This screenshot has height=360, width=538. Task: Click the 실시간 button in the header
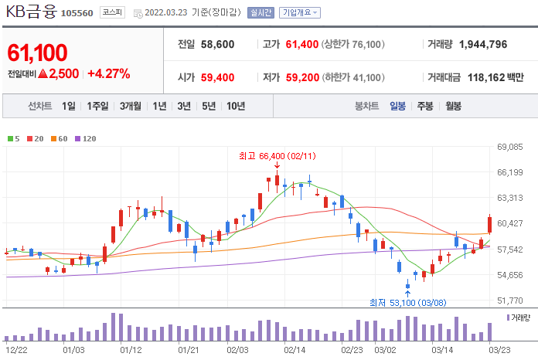click(x=260, y=12)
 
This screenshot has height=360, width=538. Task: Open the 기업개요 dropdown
click(x=300, y=12)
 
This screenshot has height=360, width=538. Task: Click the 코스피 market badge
click(x=112, y=12)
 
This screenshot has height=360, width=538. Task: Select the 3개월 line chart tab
click(x=131, y=106)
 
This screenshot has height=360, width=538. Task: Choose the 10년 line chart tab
click(x=236, y=106)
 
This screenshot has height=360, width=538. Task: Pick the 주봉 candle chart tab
click(x=425, y=106)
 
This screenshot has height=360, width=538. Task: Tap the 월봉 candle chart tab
click(x=453, y=106)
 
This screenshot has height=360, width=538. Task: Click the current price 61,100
click(x=37, y=53)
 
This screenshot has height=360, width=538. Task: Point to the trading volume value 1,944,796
click(x=483, y=44)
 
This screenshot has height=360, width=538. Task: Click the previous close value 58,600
click(x=217, y=44)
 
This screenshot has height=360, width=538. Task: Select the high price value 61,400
click(x=302, y=44)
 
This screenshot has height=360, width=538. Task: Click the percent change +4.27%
click(x=109, y=73)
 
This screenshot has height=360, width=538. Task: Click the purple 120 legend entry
click(x=86, y=139)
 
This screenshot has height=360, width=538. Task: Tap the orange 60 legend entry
click(x=59, y=139)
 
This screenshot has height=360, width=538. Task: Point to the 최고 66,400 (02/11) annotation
click(x=278, y=156)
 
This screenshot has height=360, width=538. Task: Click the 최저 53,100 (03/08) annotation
click(x=407, y=303)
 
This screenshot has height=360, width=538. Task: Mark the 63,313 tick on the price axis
click(x=510, y=198)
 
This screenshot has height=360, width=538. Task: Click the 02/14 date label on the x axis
click(x=295, y=350)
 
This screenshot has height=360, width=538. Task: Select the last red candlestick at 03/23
click(x=489, y=225)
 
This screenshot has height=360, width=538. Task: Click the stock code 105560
click(x=77, y=13)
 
